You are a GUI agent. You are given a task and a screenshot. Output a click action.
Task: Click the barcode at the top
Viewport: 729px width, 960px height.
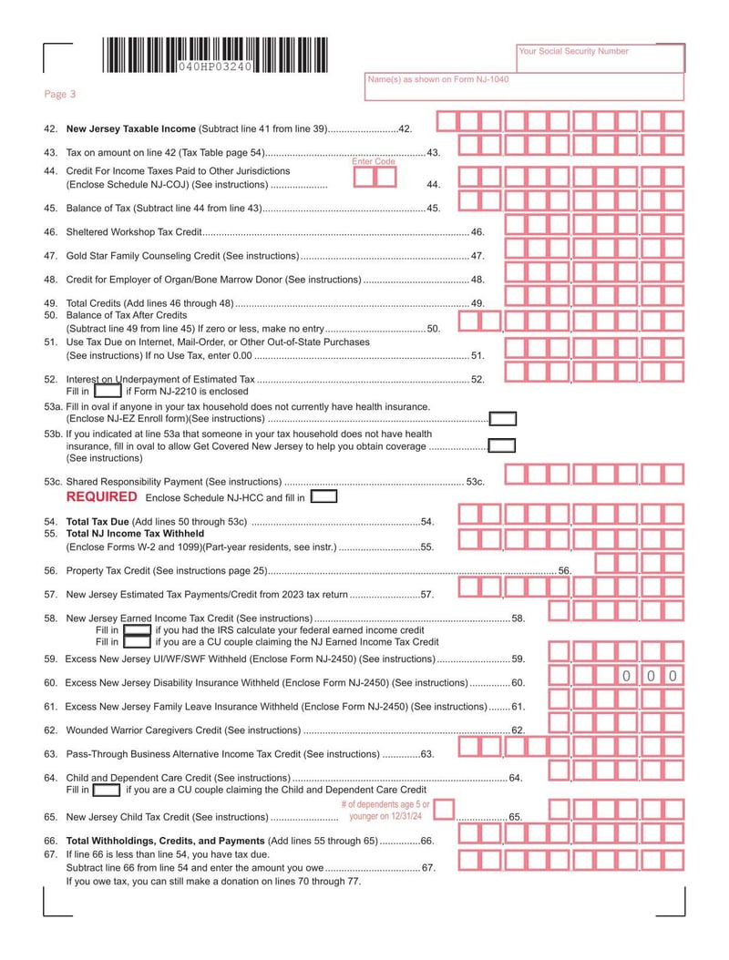pos(214,56)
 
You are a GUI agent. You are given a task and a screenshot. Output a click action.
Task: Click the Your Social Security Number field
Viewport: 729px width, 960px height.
pos(600,58)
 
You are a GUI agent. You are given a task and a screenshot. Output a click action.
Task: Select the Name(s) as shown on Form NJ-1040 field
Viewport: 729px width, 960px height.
pos(523,87)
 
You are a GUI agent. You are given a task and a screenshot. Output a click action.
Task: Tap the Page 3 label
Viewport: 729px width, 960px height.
pos(60,94)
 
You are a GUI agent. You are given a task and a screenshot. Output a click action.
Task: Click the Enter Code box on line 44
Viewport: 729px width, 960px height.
pos(375,177)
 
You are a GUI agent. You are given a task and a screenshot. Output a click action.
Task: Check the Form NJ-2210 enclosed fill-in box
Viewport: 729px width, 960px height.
pos(108,391)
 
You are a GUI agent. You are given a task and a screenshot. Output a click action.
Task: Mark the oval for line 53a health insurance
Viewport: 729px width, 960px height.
pos(502,418)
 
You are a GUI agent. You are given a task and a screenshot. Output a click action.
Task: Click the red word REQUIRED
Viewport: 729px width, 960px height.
pos(101,497)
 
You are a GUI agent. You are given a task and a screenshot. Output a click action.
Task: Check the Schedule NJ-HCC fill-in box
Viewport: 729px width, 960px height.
pos(323,497)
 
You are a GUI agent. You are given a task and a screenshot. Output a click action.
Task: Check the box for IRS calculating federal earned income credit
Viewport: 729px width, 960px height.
pos(137,629)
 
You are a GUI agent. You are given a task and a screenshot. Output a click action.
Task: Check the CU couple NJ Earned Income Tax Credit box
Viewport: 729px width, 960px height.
pos(137,641)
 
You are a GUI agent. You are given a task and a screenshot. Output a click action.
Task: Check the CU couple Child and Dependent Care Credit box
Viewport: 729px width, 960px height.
pos(106,790)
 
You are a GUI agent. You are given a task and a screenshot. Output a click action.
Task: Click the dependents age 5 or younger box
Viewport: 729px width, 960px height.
pos(444,811)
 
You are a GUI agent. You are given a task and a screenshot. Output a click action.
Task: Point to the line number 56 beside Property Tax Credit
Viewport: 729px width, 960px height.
pos(564,571)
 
